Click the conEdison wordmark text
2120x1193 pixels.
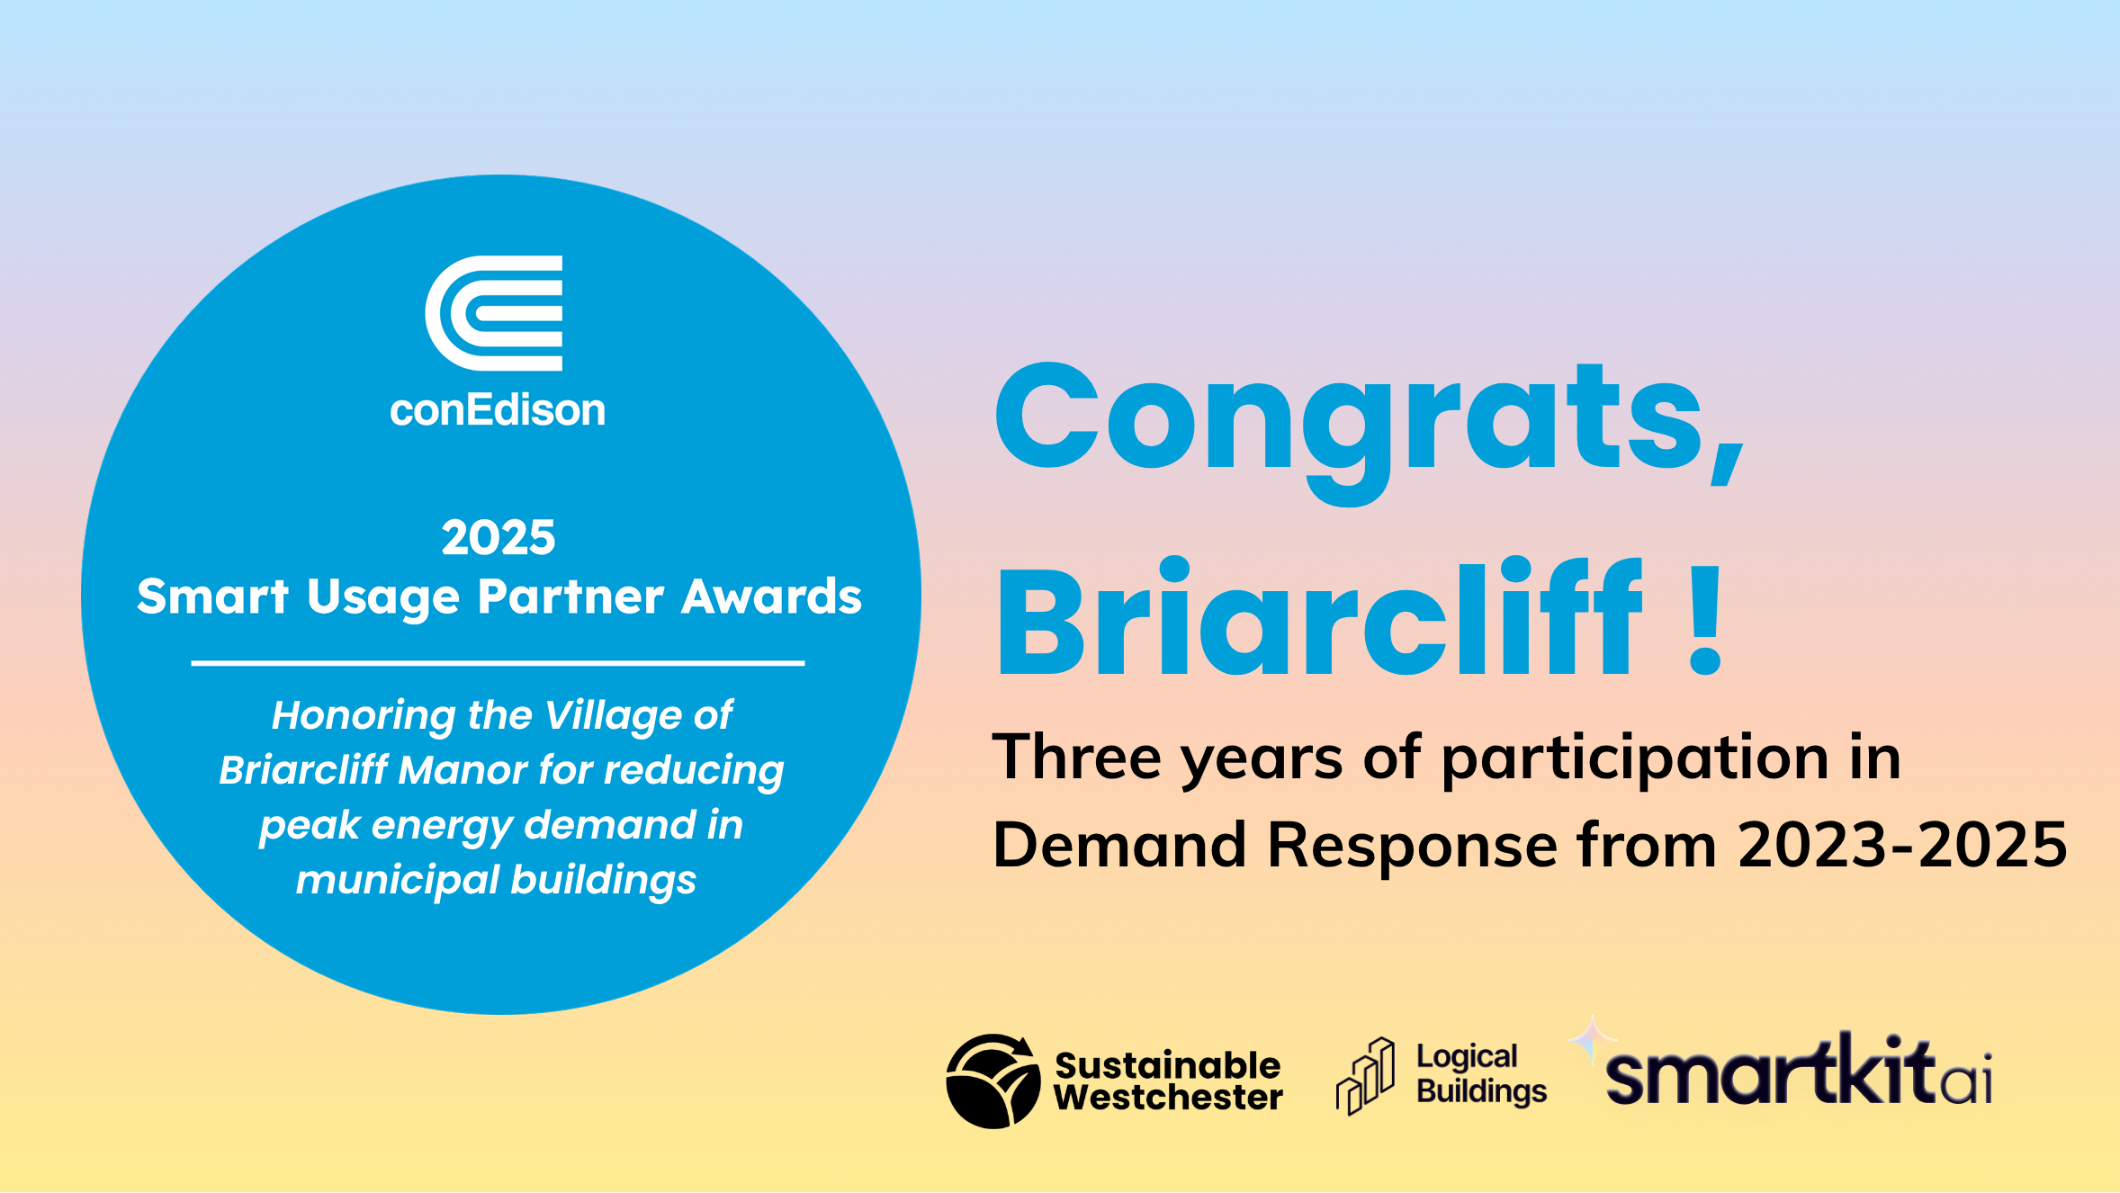[498, 410]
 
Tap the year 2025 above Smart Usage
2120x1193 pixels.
[499, 537]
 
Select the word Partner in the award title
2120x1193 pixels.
[571, 596]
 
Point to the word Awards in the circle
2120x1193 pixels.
[771, 596]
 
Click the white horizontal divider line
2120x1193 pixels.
[498, 663]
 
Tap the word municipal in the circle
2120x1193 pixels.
[397, 882]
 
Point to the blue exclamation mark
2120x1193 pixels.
[1705, 621]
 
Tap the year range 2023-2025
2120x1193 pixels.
[1902, 845]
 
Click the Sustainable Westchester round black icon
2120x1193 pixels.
[993, 1081]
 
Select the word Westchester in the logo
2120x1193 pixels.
[1168, 1098]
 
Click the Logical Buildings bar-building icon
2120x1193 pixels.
[1365, 1076]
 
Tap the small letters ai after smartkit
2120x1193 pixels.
[1965, 1077]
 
